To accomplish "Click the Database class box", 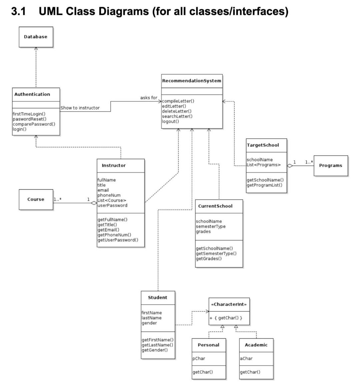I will pos(36,37).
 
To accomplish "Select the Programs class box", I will pos(330,166).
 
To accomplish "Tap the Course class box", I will pos(36,199).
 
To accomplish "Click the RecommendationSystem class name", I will pos(192,81).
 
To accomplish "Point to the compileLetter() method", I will pos(178,101).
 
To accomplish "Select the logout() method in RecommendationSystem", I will pos(170,121).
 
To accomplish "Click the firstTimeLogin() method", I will pos(29,114).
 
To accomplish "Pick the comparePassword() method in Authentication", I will pos(34,124).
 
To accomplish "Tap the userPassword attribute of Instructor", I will pos(112,205).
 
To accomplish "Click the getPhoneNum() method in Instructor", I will pos(114,235).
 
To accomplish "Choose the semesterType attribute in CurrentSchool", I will pos(211,226).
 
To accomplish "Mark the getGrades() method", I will pos(209,259).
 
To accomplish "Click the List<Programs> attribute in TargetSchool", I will pos(264,165).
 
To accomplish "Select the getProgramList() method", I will pos(264,185).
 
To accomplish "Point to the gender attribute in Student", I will pos(149,323).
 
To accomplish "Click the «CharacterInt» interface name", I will pos(229,304).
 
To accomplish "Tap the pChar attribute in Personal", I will pos(199,359).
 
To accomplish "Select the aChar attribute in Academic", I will pos(246,359).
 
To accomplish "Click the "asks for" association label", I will pos(149,98).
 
